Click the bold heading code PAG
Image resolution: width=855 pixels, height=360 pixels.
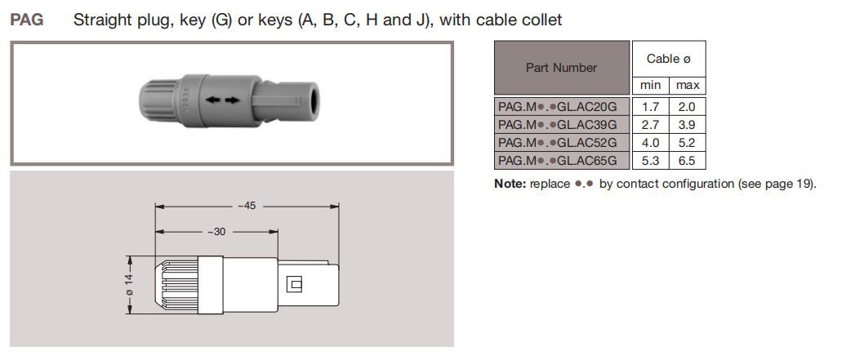coord(26,20)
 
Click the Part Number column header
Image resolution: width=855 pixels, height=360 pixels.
coord(561,68)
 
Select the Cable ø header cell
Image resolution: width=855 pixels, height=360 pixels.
coord(669,59)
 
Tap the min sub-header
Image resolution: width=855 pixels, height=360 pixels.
coord(650,86)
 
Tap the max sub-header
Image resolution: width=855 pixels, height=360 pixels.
coord(688,86)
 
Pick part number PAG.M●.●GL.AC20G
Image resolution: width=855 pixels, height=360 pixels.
coord(563,106)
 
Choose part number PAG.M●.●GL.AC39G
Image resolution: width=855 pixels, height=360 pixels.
coord(563,124)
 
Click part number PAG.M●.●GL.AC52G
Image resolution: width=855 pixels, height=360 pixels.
coord(563,142)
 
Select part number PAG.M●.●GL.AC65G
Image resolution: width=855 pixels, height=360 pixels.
coord(563,160)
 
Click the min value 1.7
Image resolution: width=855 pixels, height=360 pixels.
coord(650,106)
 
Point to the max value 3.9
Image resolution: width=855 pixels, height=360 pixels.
coord(688,124)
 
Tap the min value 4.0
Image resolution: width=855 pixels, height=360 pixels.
coord(650,142)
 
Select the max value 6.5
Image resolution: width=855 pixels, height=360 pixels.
coord(688,160)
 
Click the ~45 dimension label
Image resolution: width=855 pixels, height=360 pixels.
coord(247,206)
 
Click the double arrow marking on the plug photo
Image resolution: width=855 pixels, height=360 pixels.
coord(223,100)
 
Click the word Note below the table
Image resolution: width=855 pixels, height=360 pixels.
coord(510,184)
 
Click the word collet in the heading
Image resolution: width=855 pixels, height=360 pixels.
coord(540,20)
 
